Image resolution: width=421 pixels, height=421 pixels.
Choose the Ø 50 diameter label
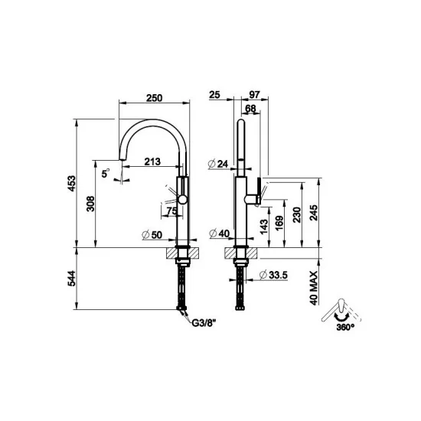point(152,233)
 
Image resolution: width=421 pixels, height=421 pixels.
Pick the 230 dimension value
point(295,212)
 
